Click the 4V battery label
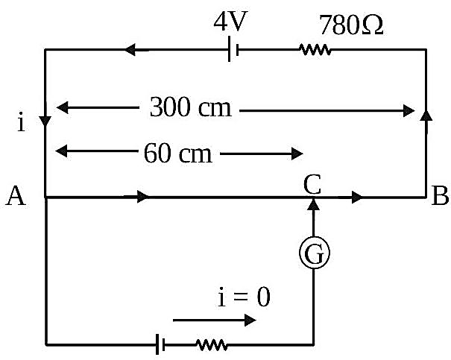(230, 22)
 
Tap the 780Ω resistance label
(351, 25)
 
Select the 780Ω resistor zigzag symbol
(315, 49)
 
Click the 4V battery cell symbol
(233, 49)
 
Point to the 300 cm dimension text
(190, 107)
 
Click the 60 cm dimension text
(177, 154)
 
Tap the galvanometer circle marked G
(314, 253)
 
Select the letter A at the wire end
(16, 195)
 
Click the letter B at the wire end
(440, 195)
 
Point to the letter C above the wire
(312, 184)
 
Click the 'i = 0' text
(244, 297)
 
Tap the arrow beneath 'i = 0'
(214, 320)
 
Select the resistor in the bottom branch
(212, 344)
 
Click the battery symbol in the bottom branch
(160, 344)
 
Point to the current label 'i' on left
(21, 124)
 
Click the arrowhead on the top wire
(130, 50)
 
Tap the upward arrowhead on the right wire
(426, 116)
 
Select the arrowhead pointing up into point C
(314, 204)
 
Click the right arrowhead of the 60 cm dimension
(297, 154)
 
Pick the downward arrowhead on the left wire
(45, 121)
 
